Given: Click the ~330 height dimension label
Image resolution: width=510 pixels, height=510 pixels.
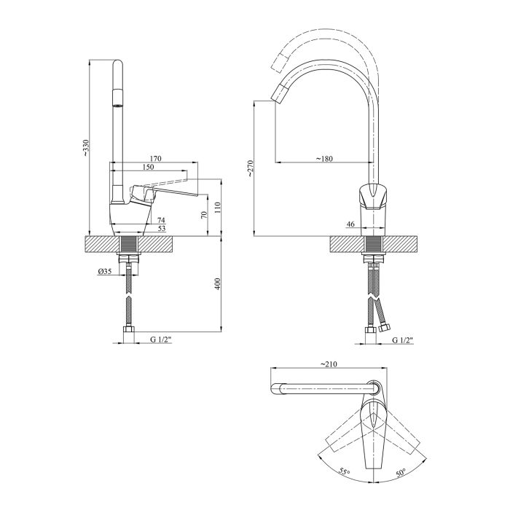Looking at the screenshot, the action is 86,149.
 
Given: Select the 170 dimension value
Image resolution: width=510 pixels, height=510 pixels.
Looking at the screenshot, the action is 155,159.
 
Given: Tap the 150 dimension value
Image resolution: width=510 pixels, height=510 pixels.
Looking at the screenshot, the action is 148,167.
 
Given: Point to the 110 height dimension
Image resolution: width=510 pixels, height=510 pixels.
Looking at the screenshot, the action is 218,207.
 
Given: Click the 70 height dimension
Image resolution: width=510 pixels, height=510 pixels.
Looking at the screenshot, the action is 204,215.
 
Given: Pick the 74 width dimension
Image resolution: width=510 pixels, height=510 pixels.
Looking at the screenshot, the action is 161,220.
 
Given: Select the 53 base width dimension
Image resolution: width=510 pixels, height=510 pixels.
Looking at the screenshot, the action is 161,229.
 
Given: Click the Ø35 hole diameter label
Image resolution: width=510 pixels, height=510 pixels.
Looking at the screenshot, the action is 104,271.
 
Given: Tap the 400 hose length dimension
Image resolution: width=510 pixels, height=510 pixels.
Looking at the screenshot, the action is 218,283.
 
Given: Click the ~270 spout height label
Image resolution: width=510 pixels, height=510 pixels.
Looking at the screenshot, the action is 250,168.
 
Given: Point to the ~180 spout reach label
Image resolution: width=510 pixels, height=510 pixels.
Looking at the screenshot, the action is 324,159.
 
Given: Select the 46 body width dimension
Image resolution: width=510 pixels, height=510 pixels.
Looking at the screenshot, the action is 350,224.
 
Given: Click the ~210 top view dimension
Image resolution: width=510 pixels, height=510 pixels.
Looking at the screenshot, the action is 329,364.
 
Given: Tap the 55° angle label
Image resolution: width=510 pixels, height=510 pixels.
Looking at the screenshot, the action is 344,471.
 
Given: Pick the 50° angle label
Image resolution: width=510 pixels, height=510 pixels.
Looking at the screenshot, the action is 401,473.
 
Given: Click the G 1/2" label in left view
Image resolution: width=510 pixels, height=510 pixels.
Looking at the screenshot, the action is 161,340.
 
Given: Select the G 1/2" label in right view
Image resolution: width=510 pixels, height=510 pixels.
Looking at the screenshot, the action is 403,340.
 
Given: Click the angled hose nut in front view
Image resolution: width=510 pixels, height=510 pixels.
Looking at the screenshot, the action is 384,327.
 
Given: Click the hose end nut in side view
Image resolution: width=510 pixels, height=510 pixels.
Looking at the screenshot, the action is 129,334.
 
